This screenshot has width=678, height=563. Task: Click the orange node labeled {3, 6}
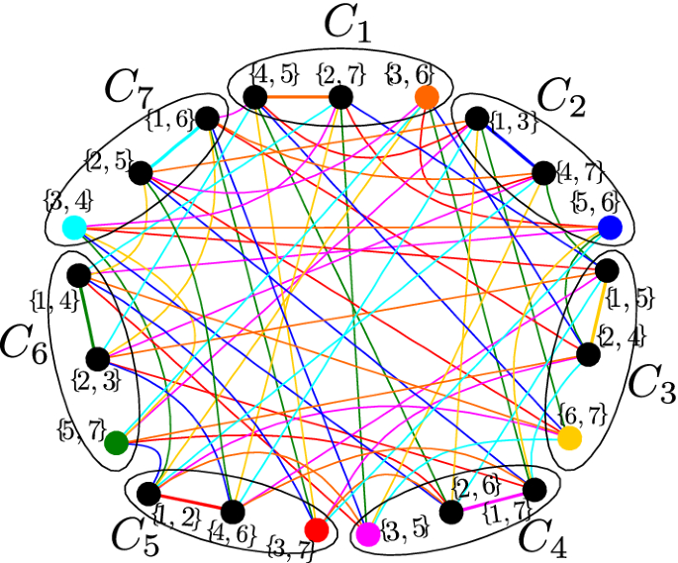(x=427, y=97)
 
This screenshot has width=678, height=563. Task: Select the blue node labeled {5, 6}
(x=610, y=228)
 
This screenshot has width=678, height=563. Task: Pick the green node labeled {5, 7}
(x=116, y=441)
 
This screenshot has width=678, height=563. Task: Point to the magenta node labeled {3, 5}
(x=367, y=534)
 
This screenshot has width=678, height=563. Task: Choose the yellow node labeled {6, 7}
(x=570, y=438)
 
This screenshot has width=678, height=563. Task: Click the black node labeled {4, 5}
(x=255, y=97)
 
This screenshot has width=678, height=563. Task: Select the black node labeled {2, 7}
(x=340, y=97)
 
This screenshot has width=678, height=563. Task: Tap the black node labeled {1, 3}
(x=477, y=119)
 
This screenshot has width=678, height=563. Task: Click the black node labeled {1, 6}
(x=208, y=119)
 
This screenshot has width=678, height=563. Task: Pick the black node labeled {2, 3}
(x=98, y=358)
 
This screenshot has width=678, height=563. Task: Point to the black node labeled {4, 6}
(x=233, y=512)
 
